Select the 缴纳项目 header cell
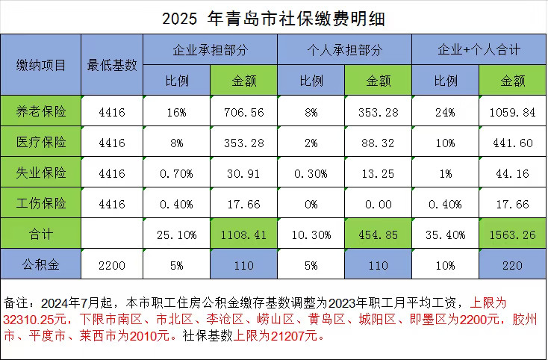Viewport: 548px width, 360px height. [42, 65]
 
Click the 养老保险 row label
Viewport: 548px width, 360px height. [42, 112]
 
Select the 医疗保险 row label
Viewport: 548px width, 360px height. [42, 142]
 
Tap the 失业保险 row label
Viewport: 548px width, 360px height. [42, 173]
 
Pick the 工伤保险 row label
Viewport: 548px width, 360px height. [42, 203]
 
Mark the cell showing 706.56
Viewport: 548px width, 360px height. [243, 112]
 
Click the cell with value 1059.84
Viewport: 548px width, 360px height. [512, 112]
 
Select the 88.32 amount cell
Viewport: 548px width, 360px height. [378, 143]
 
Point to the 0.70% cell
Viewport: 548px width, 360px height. [177, 173]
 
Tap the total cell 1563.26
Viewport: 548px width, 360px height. [512, 233]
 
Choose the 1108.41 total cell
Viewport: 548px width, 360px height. [243, 233]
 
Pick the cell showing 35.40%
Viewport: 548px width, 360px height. [445, 233]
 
